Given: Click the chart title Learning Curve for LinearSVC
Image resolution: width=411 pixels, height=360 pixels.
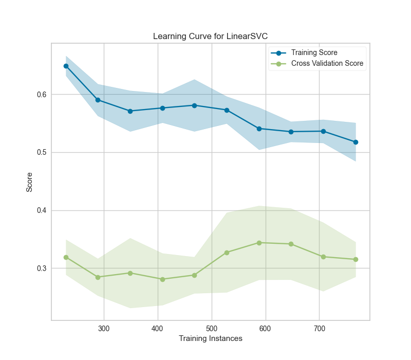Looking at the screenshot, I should click(x=211, y=37).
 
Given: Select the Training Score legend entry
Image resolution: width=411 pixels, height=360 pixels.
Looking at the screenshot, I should click(x=314, y=52).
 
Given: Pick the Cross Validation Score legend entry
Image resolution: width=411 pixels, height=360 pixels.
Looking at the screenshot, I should click(x=327, y=64).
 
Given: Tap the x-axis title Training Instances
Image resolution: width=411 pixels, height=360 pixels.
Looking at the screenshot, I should click(x=211, y=338).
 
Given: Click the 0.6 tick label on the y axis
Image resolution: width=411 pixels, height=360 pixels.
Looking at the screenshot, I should click(x=41, y=95).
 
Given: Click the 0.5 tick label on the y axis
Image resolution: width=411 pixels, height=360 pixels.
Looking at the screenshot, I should click(x=41, y=152).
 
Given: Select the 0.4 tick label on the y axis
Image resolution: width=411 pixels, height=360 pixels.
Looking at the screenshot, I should click(x=41, y=210).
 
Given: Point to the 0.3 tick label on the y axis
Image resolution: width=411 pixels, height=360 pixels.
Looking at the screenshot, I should click(x=41, y=268).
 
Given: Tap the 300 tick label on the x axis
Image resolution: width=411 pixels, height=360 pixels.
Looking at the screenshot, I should click(x=104, y=328).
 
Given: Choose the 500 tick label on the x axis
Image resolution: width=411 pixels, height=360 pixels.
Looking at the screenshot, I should click(x=212, y=328).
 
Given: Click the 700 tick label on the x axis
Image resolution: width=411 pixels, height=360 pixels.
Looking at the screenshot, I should click(x=320, y=328).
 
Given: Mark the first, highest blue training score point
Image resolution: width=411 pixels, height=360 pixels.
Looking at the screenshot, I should click(x=66, y=66).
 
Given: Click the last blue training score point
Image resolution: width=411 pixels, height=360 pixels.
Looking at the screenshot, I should click(x=356, y=142).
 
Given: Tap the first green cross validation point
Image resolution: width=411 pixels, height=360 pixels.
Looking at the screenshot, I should click(x=66, y=257).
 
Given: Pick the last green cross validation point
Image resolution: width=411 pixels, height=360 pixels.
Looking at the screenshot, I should click(x=356, y=259).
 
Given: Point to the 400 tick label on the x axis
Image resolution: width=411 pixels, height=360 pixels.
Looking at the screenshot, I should click(x=158, y=328).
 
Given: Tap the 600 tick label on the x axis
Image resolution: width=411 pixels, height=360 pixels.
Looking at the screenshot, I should click(x=266, y=328).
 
